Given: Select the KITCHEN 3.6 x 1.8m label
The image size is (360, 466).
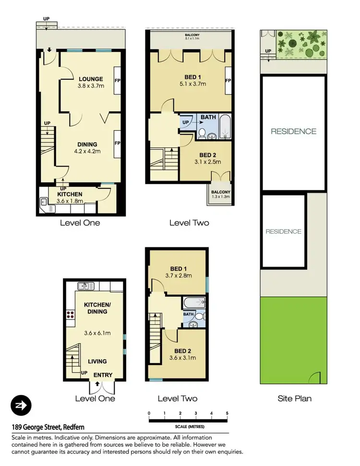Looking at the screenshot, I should tap(70, 194).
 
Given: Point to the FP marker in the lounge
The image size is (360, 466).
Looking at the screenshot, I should tap(117, 80).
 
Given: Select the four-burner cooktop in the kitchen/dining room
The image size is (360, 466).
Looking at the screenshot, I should tap(71, 316).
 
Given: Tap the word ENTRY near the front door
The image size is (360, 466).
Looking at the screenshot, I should tap(103, 375).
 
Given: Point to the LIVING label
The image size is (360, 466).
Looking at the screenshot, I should tap(97, 361).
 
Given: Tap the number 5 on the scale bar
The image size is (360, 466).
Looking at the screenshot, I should tap(227, 413).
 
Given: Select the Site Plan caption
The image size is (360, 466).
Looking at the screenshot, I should tap(294, 398).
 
